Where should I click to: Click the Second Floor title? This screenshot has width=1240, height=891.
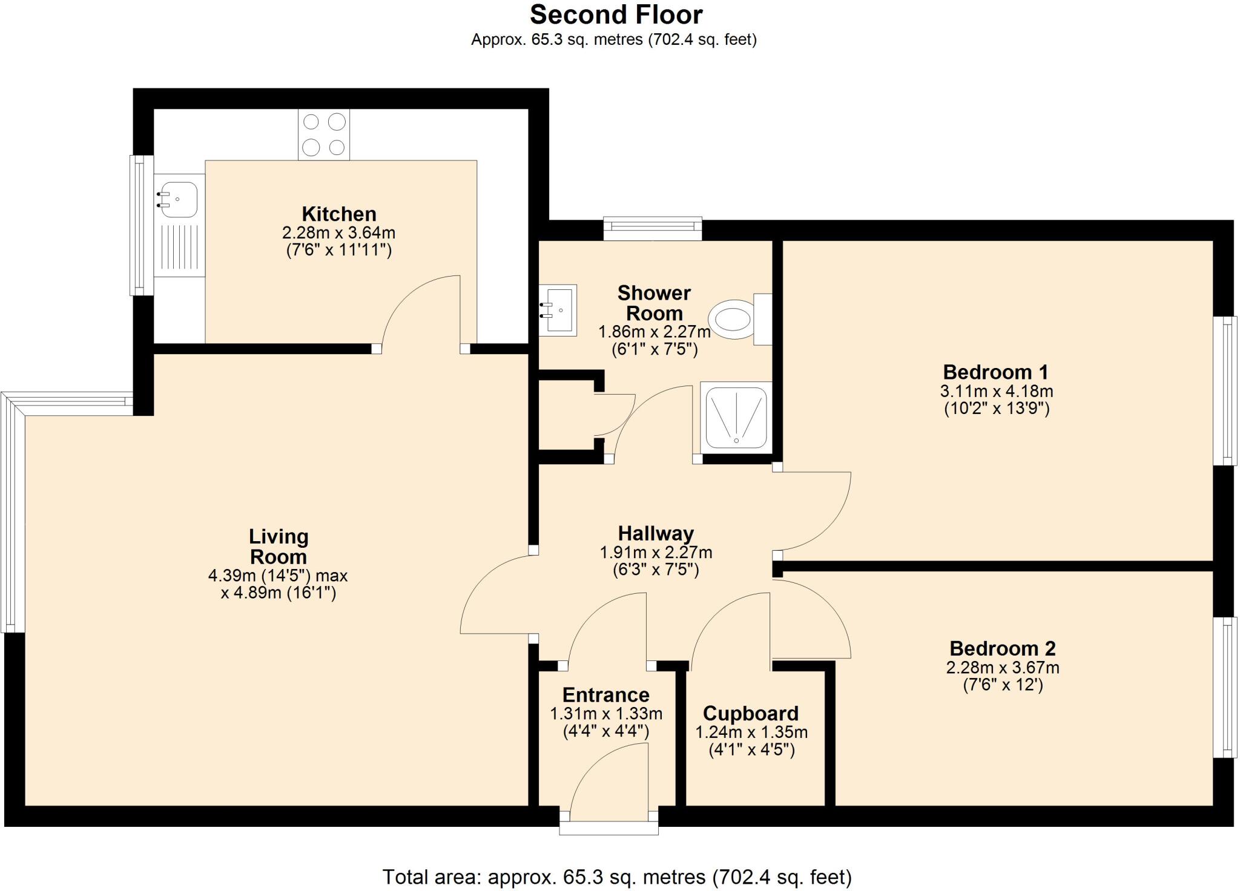pos(616,15)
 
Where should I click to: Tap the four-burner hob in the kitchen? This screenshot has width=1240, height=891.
pos(323,134)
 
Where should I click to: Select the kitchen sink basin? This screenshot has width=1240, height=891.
pos(176,199)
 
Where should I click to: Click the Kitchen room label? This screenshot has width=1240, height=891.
pos(339,214)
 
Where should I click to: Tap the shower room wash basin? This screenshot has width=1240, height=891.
pos(558,309)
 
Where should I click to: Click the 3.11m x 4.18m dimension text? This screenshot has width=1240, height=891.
pos(996,391)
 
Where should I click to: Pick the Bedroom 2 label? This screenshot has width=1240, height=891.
pos(1002,648)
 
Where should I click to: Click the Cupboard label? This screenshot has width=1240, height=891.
pos(751,713)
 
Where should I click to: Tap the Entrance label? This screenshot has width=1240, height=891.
pos(605,695)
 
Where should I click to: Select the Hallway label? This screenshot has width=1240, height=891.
pos(656,533)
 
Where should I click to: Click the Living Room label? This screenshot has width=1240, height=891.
pos(279,547)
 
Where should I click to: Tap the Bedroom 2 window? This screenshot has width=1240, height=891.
pos(1225,687)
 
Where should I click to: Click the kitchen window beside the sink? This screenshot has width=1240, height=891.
pos(140,225)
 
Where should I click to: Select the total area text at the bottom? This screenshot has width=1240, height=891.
pos(616,876)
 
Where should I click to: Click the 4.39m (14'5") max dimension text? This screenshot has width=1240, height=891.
pos(278,575)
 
